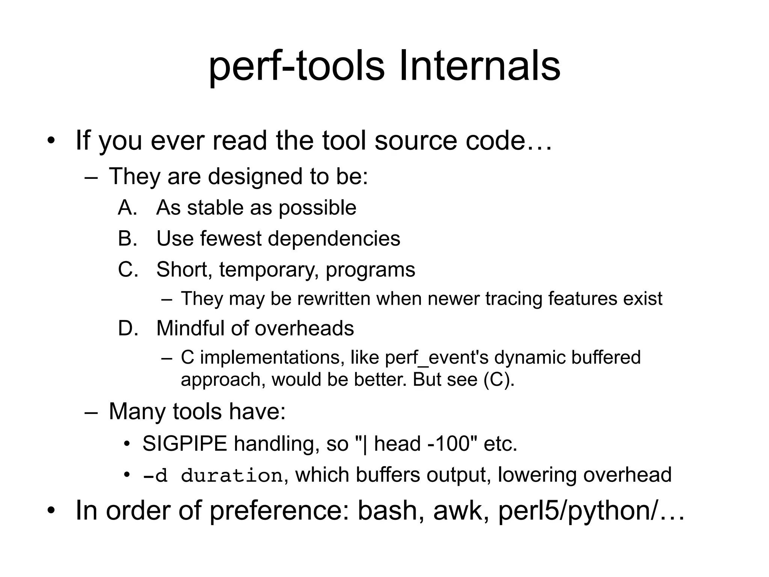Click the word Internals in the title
pos(479,67)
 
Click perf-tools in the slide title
pos(297,67)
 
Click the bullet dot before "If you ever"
pos(51,141)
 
